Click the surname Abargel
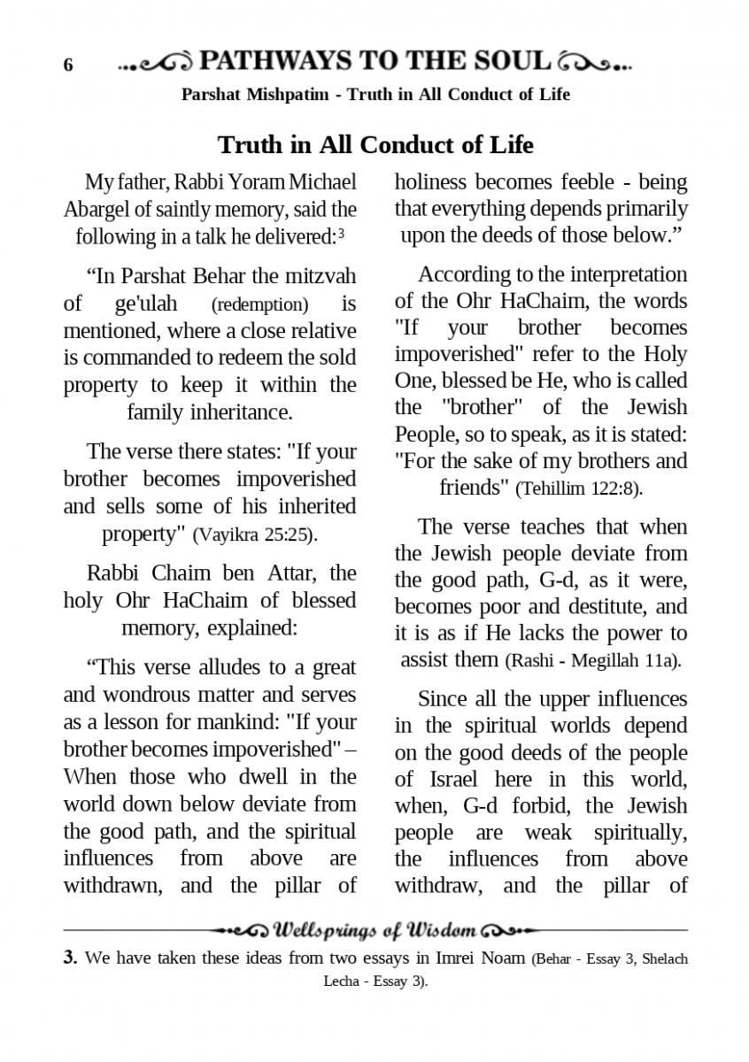[97, 210]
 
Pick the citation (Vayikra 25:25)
[254, 535]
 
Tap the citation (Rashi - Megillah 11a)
[592, 661]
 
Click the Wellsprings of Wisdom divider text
[376, 930]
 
